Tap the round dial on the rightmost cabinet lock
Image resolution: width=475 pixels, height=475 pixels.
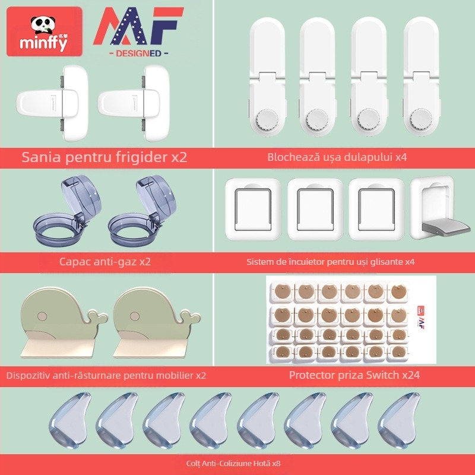click(x=420, y=118)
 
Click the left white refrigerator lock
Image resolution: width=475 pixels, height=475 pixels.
click(x=52, y=103)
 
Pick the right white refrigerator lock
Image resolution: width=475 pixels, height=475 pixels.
click(x=134, y=103)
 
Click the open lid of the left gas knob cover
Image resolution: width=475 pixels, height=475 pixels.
click(x=81, y=194)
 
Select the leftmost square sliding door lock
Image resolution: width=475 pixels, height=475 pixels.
click(x=254, y=209)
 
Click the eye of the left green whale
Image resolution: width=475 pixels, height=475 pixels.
click(x=42, y=316)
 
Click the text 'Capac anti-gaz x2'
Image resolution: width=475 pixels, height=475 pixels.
click(x=105, y=262)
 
